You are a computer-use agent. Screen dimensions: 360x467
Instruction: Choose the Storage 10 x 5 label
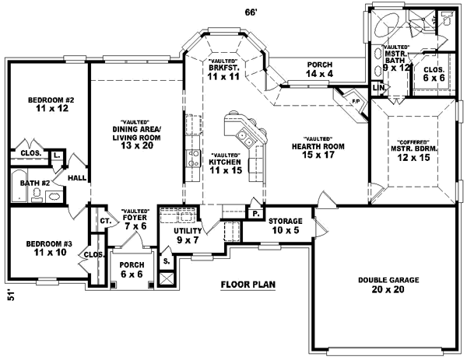(286, 225)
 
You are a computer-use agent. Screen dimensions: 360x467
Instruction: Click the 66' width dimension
(251, 11)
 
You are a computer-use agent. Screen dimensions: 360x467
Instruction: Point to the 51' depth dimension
(10, 296)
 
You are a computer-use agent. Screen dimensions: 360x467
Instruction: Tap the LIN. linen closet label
(379, 88)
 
